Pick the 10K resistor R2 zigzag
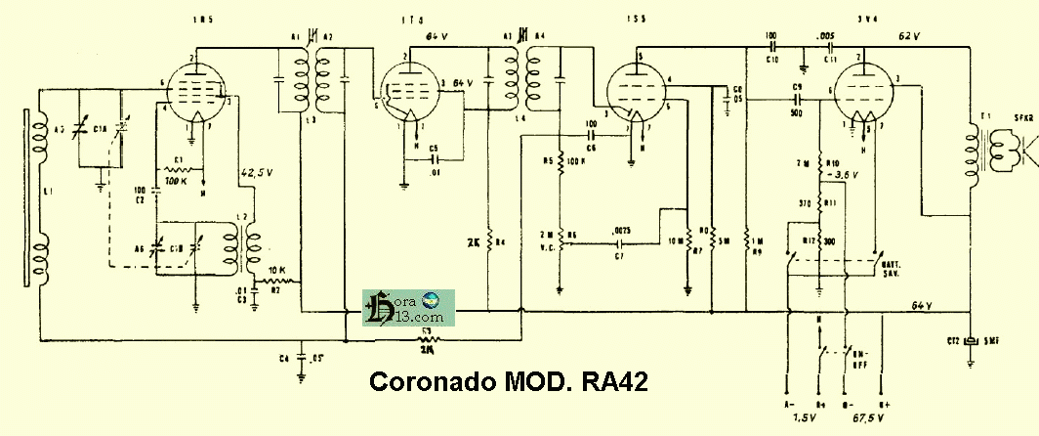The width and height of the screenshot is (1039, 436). pos(276,280)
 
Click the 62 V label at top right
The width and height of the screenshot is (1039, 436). pos(911,35)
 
